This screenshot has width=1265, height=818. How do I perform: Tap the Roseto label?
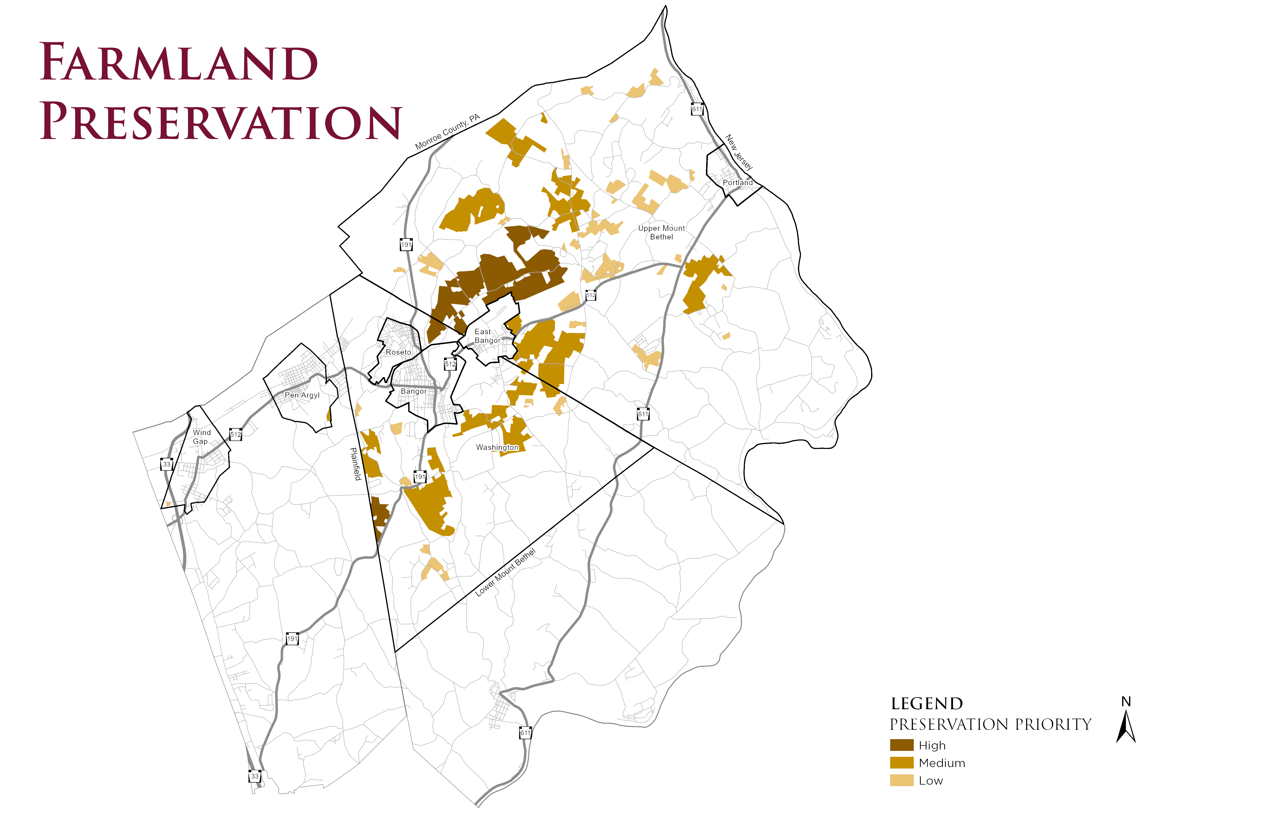tap(398, 352)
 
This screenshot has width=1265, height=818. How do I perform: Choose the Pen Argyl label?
tap(302, 395)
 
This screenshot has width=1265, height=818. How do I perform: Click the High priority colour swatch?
tap(901, 745)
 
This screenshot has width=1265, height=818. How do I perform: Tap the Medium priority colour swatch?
tap(901, 763)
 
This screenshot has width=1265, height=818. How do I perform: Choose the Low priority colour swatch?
tap(901, 780)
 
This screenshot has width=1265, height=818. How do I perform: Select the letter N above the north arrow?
tap(1126, 702)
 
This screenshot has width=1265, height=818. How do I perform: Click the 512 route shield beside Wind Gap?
tap(235, 435)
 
